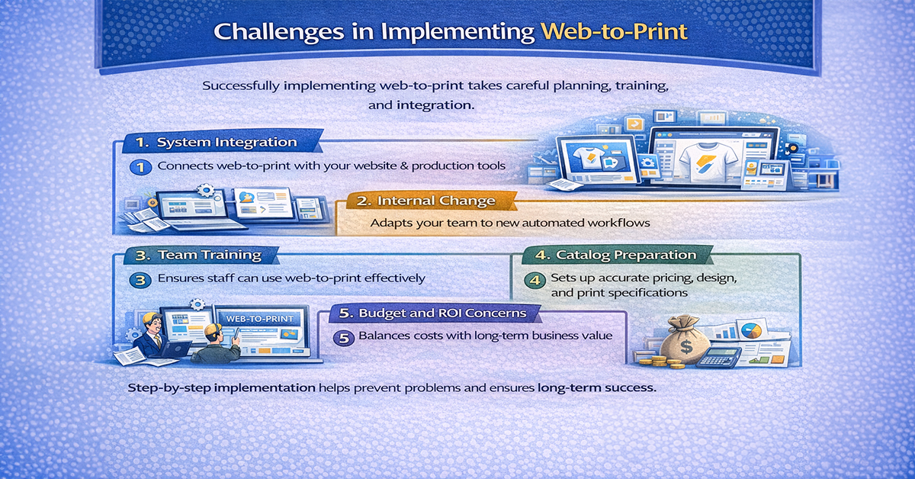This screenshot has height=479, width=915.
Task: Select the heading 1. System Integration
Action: point(217,142)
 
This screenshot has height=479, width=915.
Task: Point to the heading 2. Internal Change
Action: point(427,201)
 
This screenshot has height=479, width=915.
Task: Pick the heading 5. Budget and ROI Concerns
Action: point(438,313)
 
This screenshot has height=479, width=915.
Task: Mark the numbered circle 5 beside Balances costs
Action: point(345,336)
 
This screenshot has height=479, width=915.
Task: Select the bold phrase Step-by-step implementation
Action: point(221,387)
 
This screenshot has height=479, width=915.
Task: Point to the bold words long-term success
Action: point(596,387)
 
